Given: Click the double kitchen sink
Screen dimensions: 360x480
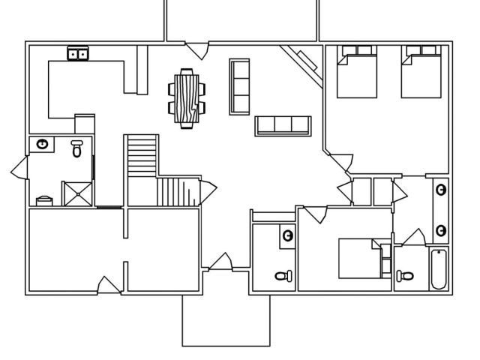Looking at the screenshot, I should pyautogui.click(x=78, y=53).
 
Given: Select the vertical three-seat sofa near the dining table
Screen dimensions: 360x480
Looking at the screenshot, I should pyautogui.click(x=238, y=85).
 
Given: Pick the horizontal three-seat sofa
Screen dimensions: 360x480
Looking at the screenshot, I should pyautogui.click(x=283, y=126).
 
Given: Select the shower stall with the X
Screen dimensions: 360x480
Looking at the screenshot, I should pyautogui.click(x=77, y=193).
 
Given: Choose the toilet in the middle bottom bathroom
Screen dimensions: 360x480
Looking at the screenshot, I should pyautogui.click(x=282, y=276).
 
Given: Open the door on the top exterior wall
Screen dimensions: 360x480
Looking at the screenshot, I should pyautogui.click(x=198, y=49).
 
